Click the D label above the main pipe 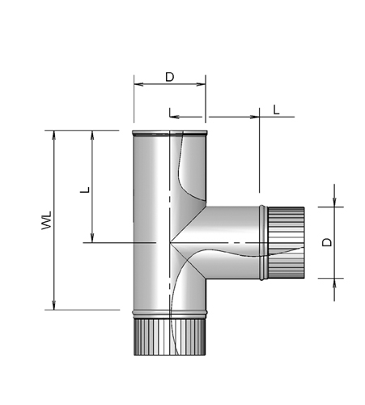170,77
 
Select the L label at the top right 276,110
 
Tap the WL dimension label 46,220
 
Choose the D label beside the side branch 327,242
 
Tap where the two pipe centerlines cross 170,242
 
